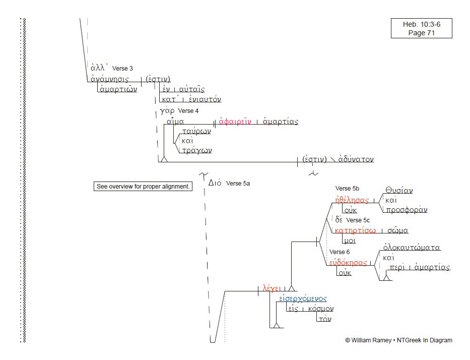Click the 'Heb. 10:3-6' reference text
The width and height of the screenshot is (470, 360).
[x=421, y=24]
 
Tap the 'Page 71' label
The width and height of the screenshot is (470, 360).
[x=421, y=33]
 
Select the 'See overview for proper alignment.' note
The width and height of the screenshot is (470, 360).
[x=143, y=187]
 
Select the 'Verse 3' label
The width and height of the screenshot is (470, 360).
[x=122, y=68]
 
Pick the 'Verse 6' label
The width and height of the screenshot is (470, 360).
[x=339, y=252]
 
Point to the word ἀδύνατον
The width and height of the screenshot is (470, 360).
[x=356, y=159]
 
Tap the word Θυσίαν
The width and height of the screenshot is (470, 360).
[x=399, y=191]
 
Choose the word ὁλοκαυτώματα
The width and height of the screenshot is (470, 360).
[x=412, y=248]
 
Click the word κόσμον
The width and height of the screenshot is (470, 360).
[x=320, y=309]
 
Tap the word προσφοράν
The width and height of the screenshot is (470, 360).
[x=406, y=210]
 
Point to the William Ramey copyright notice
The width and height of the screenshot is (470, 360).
[x=398, y=340]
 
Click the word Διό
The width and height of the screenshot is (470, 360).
[x=215, y=183]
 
